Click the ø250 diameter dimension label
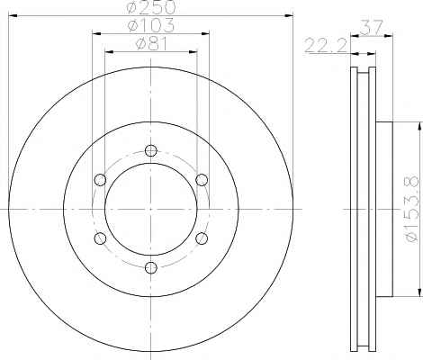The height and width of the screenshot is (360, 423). pos(151,6)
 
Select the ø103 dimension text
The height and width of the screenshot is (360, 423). pos(151,25)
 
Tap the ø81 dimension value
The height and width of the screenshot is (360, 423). pos(151,44)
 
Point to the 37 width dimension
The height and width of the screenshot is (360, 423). pos(372,28)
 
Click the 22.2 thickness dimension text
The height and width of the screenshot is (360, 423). pos(326,46)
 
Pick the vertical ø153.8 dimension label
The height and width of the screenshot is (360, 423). pos(411,209)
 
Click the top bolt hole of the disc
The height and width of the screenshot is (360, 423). pos(151,150)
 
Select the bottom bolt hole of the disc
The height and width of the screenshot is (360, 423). pos(151,267)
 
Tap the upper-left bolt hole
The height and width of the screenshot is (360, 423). pos(100,180)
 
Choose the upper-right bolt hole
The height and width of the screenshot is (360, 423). pos(202,180)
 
